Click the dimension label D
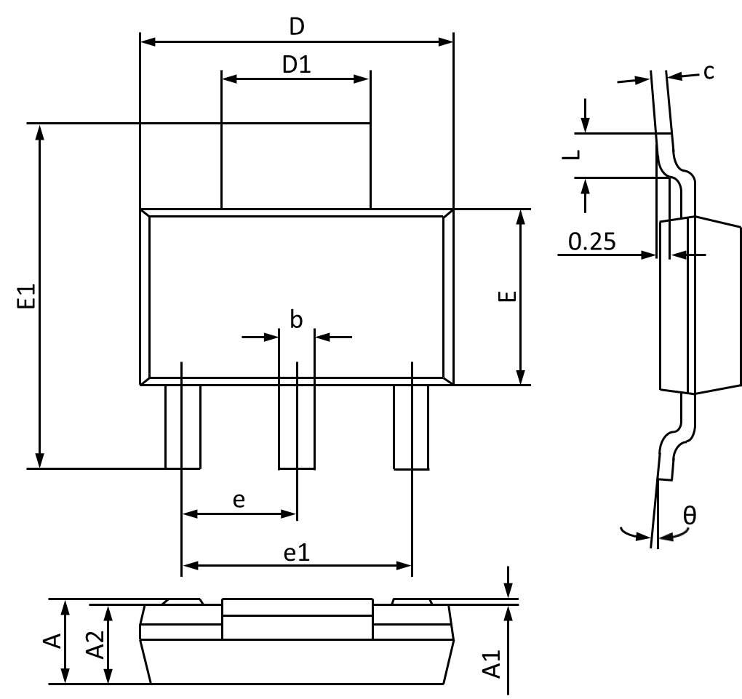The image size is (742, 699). coord(296,27)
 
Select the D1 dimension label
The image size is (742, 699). coord(296,65)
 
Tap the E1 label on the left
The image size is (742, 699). coord(25,297)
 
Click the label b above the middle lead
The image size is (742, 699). coord(296,319)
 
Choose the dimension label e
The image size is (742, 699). coord(239,500)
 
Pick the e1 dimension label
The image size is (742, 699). coord(296,553)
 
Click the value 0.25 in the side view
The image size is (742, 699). coord(591,241)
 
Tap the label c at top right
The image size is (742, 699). coord(709,71)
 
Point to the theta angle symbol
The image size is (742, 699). coord(690,516)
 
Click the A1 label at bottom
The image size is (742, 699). coord(494,664)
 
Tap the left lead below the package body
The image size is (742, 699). coord(183,427)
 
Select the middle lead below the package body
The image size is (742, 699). coord(297,427)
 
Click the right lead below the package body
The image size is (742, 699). coord(411,427)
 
